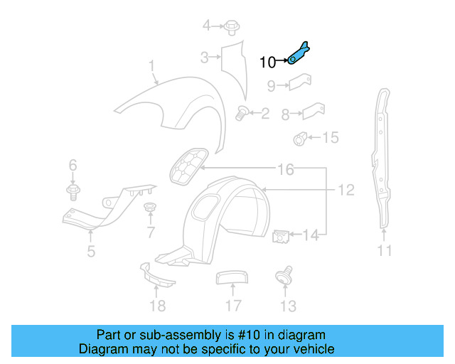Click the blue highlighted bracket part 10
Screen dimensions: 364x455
point(299,54)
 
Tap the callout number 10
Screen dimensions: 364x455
point(267,63)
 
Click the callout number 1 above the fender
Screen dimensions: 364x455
point(151,67)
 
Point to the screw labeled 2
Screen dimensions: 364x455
point(242,112)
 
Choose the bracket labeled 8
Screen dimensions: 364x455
point(312,112)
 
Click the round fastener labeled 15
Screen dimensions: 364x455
point(300,138)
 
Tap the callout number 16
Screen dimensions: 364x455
point(285,169)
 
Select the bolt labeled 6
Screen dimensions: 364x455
point(73,191)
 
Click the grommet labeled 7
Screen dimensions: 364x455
point(149,208)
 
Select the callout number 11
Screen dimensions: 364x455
point(385,250)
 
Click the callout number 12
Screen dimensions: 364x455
point(346,190)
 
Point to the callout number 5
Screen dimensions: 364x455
point(90,250)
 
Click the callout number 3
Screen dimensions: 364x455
point(203,58)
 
